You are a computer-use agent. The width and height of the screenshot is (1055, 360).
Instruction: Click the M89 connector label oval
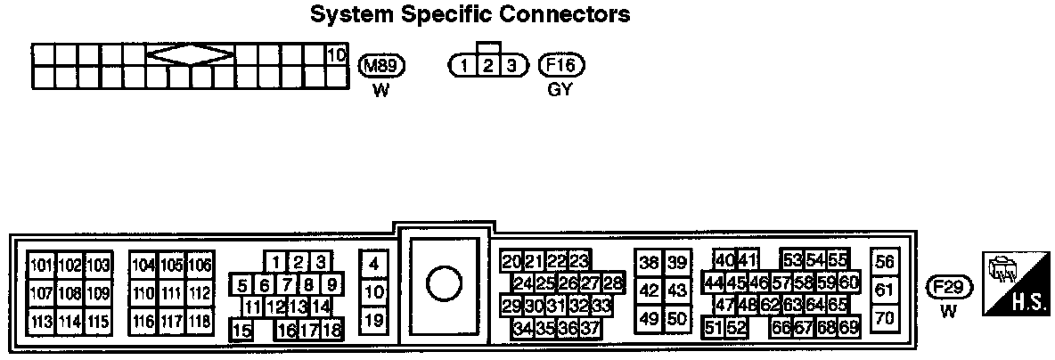381,65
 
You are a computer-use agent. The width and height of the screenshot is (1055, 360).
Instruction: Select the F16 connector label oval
560,65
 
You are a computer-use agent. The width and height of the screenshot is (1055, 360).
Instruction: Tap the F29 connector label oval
949,287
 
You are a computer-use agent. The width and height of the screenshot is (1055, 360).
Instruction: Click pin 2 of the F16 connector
487,66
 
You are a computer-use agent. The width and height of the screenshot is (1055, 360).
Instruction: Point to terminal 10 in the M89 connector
336,55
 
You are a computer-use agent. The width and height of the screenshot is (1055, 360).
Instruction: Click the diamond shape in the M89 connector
191,55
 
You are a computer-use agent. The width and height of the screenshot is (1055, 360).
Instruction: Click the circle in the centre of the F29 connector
444,284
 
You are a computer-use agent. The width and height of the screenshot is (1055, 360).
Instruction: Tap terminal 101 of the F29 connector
42,266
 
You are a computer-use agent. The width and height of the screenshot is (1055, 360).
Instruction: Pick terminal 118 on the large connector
200,321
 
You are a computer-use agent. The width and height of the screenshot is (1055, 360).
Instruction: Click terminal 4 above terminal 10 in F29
374,263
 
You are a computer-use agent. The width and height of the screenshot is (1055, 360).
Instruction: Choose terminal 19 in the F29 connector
374,320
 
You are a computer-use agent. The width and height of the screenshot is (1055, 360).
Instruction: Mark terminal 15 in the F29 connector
241,331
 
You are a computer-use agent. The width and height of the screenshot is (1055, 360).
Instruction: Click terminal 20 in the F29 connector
511,262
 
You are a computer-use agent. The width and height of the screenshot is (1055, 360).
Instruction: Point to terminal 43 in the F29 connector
677,290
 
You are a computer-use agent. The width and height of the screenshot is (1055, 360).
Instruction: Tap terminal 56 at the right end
884,262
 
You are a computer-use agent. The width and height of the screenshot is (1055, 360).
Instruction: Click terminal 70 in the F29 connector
884,317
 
